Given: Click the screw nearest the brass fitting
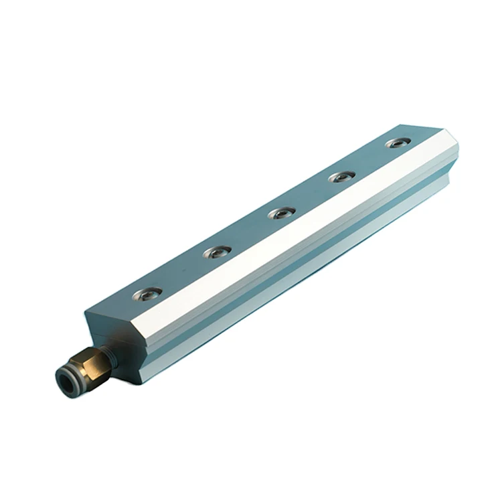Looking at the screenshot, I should coord(147,293).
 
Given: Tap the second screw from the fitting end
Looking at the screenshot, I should coord(217,252).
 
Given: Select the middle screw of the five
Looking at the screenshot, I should coord(282,214).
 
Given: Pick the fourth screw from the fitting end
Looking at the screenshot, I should coord(343,177).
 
